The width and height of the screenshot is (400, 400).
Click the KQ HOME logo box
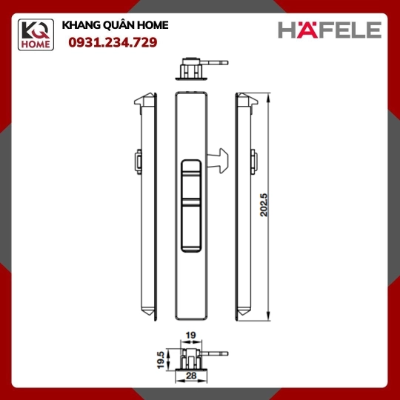(x=36, y=35)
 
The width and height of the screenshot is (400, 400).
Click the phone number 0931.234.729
(x=113, y=42)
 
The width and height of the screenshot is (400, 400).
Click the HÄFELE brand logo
(x=330, y=30)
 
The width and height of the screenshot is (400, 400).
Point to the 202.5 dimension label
(x=264, y=205)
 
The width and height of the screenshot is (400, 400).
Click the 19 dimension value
(x=190, y=335)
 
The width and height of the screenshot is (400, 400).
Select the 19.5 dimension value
(x=161, y=360)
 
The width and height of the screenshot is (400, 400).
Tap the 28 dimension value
(x=191, y=376)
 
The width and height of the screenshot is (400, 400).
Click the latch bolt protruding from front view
(x=218, y=161)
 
